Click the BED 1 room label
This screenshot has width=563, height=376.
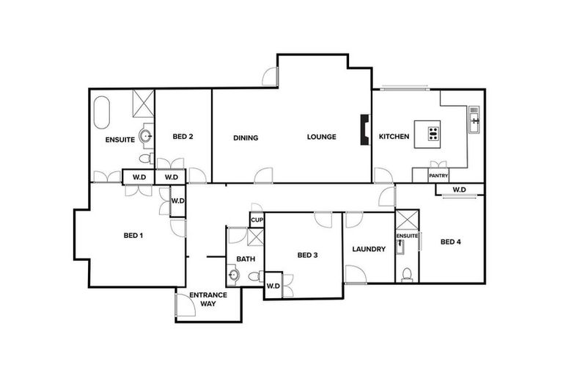pyautogui.click(x=132, y=236)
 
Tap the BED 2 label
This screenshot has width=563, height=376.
pyautogui.click(x=183, y=137)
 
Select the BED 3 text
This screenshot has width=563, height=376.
pyautogui.click(x=307, y=255)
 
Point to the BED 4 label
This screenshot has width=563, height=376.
pyautogui.click(x=450, y=242)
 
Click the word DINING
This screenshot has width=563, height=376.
pyautogui.click(x=246, y=137)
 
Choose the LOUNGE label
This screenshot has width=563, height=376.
pyautogui.click(x=321, y=137)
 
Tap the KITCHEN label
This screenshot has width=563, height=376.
pyautogui.click(x=394, y=137)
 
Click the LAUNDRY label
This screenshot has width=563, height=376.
pyautogui.click(x=368, y=249)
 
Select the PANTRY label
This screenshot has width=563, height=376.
pyautogui.click(x=438, y=176)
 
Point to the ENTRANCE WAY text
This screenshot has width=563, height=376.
pyautogui.click(x=208, y=299)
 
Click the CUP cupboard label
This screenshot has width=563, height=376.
pyautogui.click(x=257, y=220)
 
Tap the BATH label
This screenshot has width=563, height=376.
pyautogui.click(x=245, y=259)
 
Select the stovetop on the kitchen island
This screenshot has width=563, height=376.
pyautogui.click(x=433, y=134)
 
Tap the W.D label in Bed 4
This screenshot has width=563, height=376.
pyautogui.click(x=459, y=190)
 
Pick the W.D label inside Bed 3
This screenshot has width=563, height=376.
pyautogui.click(x=273, y=286)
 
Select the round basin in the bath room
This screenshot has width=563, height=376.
pyautogui.click(x=234, y=275)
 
